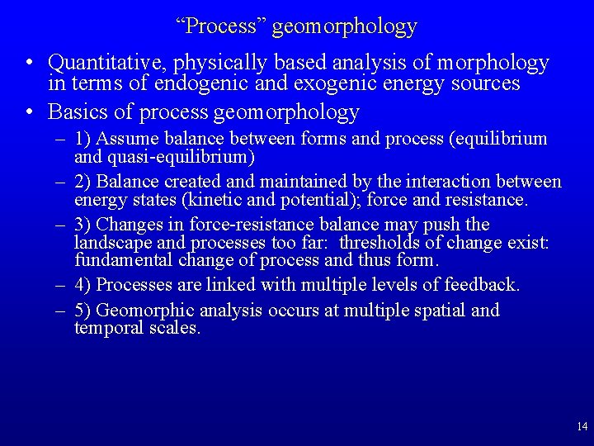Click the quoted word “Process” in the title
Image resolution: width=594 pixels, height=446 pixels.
point(220,26)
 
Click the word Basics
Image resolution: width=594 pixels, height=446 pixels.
point(78,111)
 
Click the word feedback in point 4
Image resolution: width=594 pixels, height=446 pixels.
point(482,285)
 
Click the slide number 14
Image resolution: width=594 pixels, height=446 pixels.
point(582,427)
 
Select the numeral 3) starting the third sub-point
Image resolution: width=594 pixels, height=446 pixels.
point(82,225)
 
